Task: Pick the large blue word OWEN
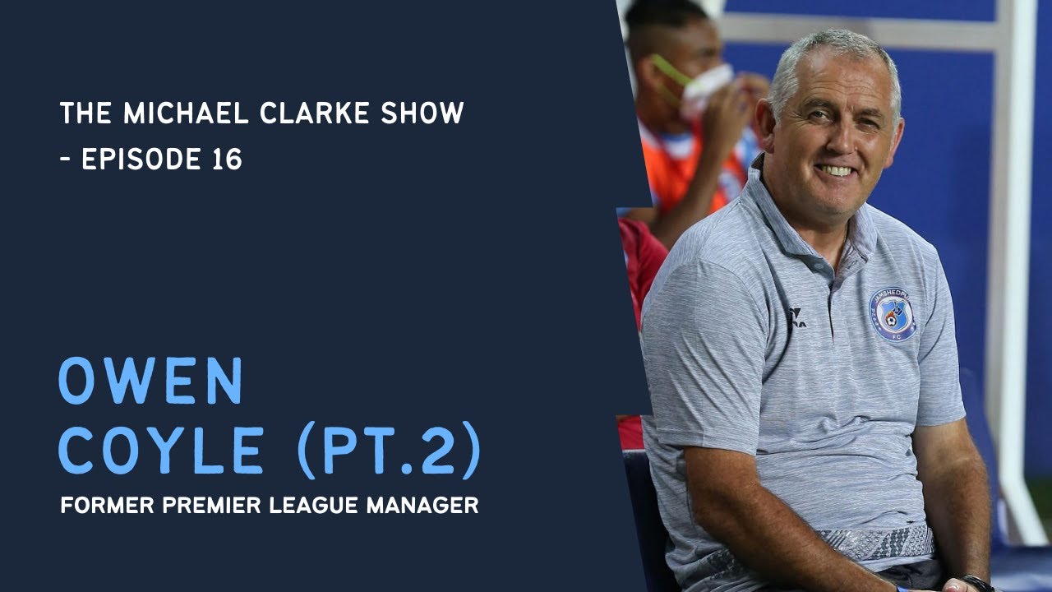[x=150, y=382]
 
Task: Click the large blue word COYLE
[x=160, y=453]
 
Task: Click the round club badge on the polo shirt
[x=893, y=314]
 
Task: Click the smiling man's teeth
[x=837, y=170]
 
